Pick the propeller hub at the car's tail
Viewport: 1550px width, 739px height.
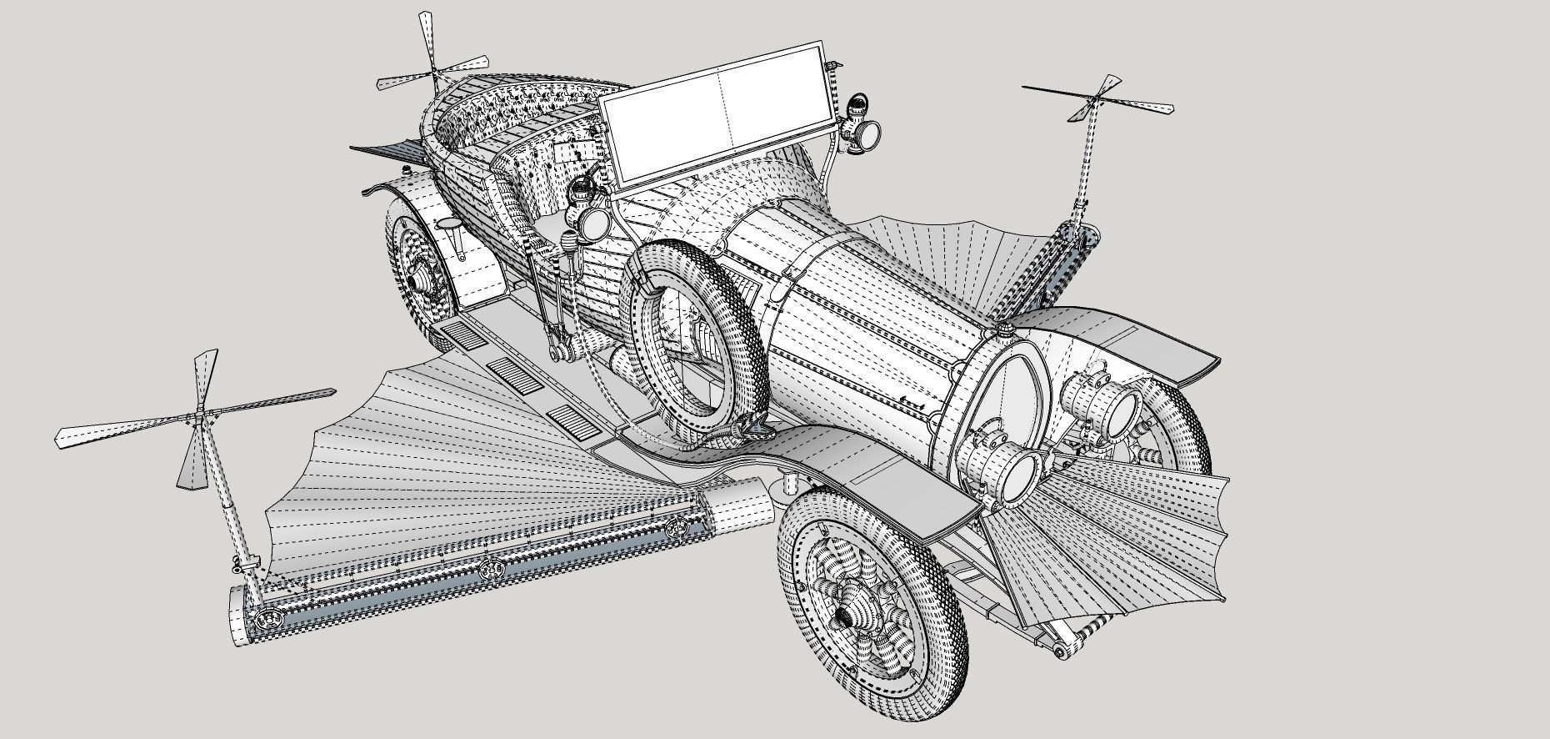click(434, 73)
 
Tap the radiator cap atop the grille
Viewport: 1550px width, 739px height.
click(1007, 330)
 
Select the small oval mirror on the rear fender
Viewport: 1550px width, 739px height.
click(447, 224)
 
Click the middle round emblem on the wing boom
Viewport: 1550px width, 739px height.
click(492, 570)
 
